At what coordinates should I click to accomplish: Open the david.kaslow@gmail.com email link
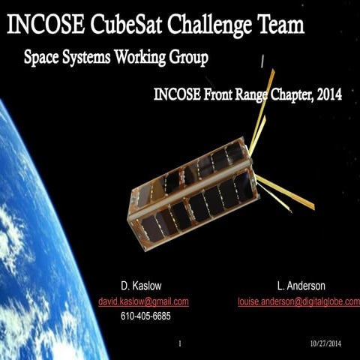pyautogui.click(x=144, y=301)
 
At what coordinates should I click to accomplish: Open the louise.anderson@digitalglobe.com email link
pyautogui.click(x=298, y=301)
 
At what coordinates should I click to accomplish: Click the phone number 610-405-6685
pyautogui.click(x=145, y=316)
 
